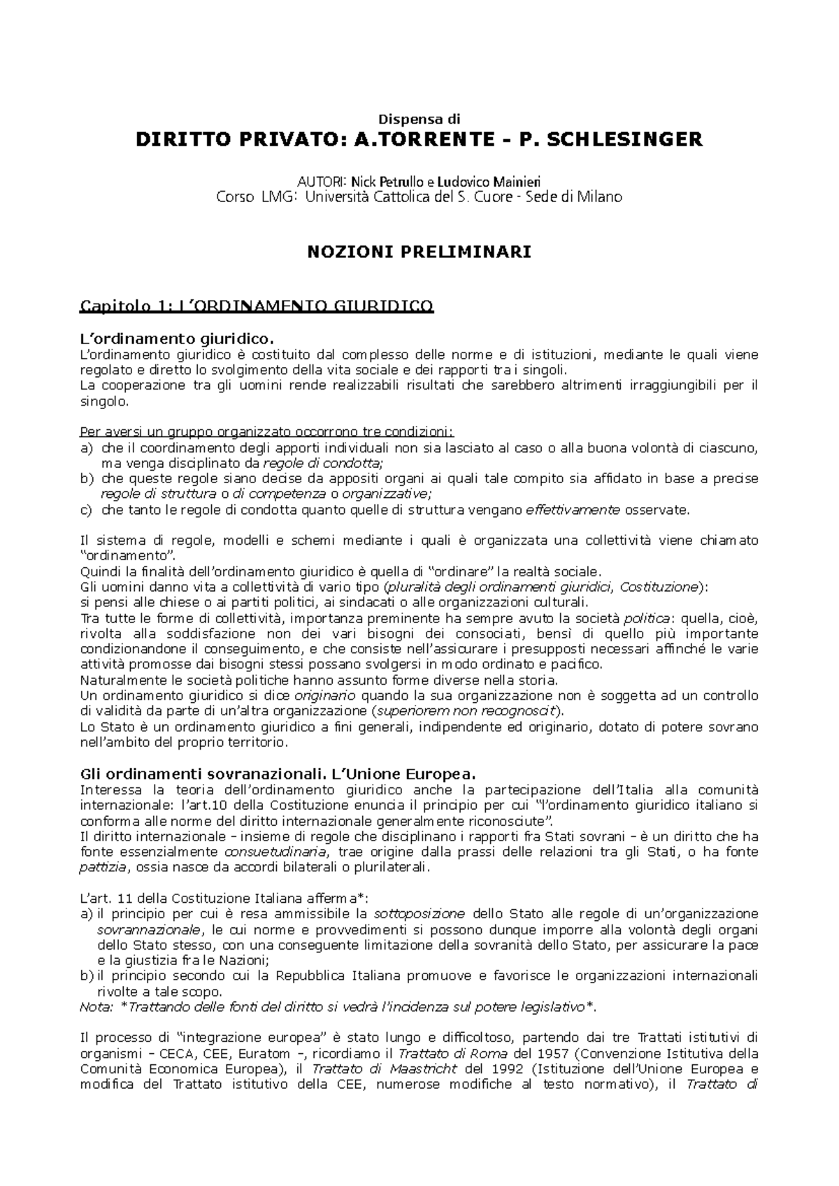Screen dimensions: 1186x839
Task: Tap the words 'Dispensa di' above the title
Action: [419, 119]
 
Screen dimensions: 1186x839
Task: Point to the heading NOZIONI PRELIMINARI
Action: [419, 252]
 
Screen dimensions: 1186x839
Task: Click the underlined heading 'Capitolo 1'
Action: [257, 306]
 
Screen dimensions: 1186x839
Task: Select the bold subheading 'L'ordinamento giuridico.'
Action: [174, 339]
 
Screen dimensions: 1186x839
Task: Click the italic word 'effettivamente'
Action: [572, 510]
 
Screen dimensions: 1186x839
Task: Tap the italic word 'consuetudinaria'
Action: [274, 852]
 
